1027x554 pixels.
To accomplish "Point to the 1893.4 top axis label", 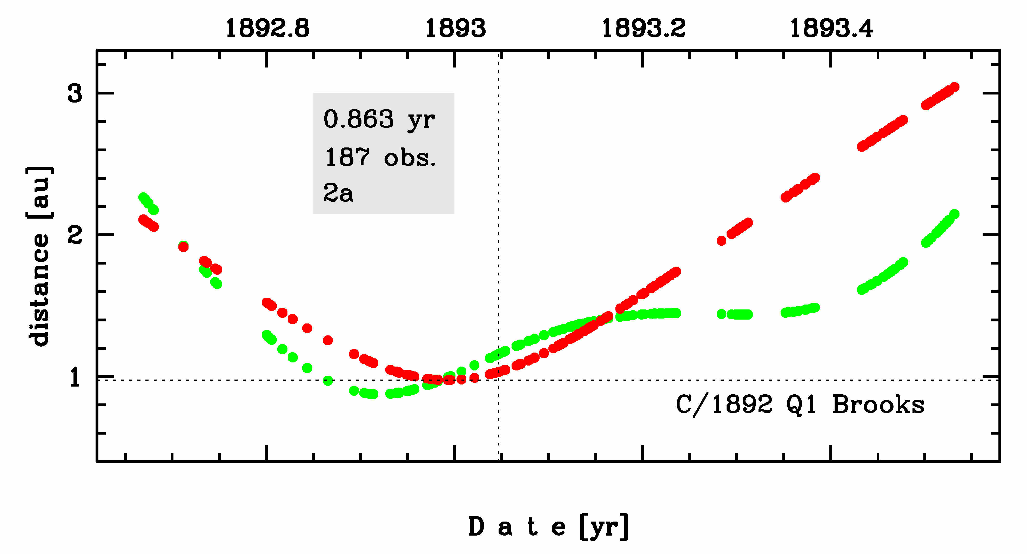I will pyautogui.click(x=831, y=29).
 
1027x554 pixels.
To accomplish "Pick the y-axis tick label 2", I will pyautogui.click(x=75, y=235).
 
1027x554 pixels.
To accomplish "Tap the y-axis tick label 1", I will pyautogui.click(x=75, y=377).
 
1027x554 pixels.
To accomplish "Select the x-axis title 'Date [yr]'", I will pyautogui.click(x=549, y=527).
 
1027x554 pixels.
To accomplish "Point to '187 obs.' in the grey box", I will pyautogui.click(x=381, y=157).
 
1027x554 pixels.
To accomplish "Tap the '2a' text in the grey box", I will pyautogui.click(x=338, y=193).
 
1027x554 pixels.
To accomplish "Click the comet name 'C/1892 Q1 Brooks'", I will pyautogui.click(x=800, y=405).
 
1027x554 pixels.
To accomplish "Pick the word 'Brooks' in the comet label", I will pyautogui.click(x=878, y=405).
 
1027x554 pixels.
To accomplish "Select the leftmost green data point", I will pyautogui.click(x=143, y=197).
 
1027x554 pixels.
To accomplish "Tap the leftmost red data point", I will pyautogui.click(x=143, y=219).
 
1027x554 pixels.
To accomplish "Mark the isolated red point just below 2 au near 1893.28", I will pyautogui.click(x=721, y=241).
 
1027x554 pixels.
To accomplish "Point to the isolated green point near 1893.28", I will pyautogui.click(x=721, y=314).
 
